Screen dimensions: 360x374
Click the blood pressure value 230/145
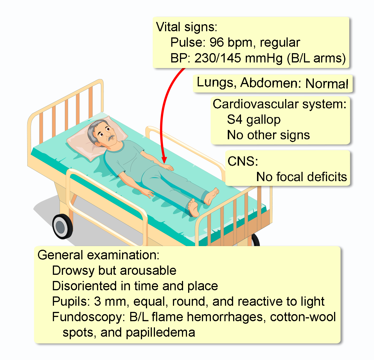(x=218, y=58)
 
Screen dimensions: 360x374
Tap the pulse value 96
(x=217, y=42)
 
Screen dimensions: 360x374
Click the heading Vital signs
(x=186, y=27)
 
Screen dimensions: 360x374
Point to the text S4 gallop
(x=254, y=120)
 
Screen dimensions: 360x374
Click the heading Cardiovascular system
(x=280, y=104)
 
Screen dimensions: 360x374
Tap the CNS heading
(x=243, y=161)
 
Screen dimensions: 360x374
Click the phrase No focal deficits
(x=301, y=177)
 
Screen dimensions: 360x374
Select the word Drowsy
(x=73, y=271)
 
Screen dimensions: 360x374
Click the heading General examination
(x=98, y=255)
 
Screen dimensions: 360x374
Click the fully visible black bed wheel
(x=62, y=226)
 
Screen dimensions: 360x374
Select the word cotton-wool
(x=303, y=317)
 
